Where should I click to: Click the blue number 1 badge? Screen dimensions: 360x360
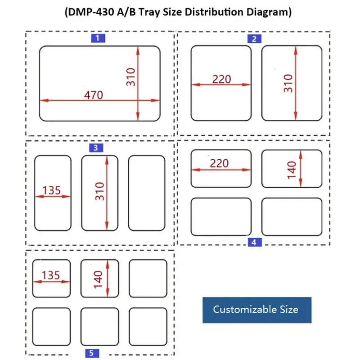[98, 38]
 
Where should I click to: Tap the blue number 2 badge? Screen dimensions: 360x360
[254, 39]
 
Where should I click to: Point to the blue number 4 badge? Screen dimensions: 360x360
[254, 243]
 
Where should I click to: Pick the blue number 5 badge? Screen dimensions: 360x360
[91, 353]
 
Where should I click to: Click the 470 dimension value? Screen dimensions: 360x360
[93, 95]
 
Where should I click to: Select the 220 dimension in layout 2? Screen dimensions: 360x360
[221, 79]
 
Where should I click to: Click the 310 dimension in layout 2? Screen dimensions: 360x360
[288, 83]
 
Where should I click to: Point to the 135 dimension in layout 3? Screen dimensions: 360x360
[51, 190]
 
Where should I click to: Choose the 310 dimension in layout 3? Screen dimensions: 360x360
[100, 191]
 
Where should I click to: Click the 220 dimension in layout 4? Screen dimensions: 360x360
[219, 163]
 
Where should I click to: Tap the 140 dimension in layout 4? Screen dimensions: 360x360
[292, 170]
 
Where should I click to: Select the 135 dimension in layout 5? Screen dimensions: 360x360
[50, 275]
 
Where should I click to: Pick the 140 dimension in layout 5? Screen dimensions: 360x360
[99, 279]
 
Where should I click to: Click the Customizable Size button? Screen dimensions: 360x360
[256, 310]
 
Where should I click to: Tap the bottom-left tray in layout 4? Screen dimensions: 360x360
[221, 217]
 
